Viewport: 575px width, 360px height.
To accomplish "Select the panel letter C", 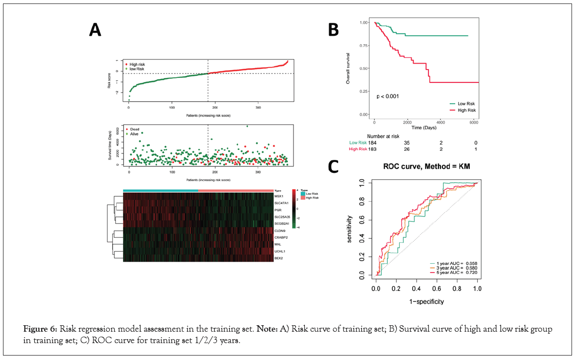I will (x=334, y=166).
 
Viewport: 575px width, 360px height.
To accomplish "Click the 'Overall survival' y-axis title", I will (x=348, y=68).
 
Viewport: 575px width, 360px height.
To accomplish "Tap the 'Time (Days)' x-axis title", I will (x=424, y=128).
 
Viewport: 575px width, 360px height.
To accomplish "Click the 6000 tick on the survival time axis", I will (x=475, y=122).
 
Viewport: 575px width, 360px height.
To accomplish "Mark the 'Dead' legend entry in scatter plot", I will (x=134, y=129).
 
